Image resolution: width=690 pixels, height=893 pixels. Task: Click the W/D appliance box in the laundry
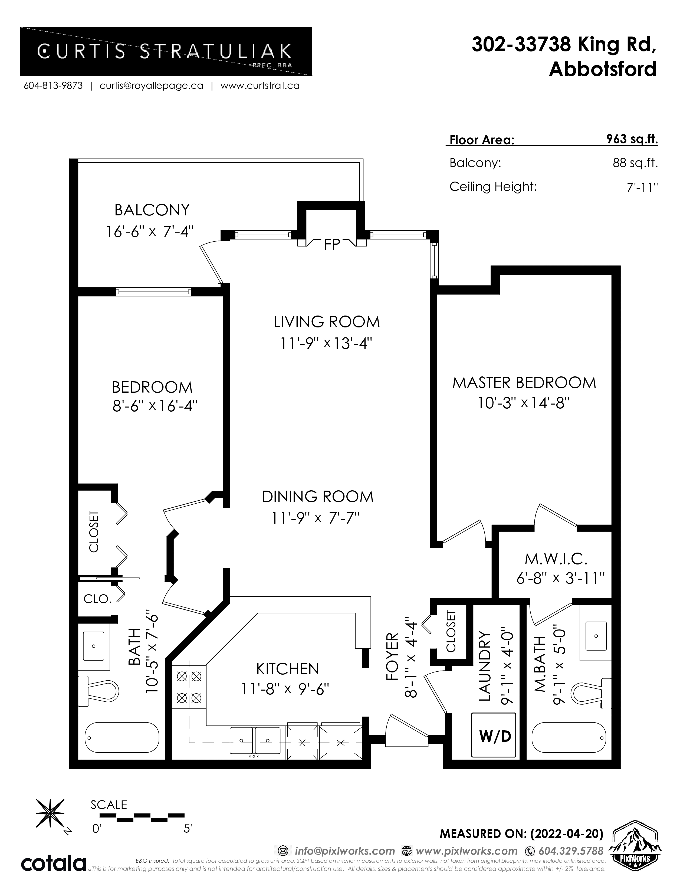point(494,736)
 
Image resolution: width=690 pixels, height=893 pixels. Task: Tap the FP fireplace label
point(332,245)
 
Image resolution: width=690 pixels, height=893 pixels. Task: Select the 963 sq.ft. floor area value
point(632,139)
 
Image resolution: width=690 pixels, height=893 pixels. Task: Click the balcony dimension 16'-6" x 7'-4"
point(150,232)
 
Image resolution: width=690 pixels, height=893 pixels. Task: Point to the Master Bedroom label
point(524,383)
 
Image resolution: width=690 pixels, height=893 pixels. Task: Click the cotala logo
point(54,864)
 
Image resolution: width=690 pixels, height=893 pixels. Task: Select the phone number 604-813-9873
point(53,86)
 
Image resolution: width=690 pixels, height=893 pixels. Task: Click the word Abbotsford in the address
point(603,70)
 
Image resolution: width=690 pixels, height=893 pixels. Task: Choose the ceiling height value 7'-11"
point(642,187)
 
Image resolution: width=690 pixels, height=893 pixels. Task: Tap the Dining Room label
point(318,497)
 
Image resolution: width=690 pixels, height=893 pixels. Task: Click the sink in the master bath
point(596,636)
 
